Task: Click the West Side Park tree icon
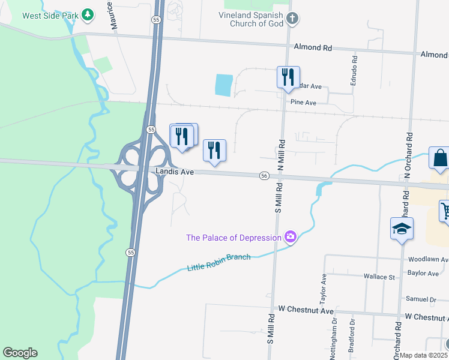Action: tap(88, 14)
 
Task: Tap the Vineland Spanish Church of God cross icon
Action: tap(292, 19)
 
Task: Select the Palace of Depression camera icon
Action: tap(291, 238)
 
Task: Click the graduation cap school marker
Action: tap(402, 229)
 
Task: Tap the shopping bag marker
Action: tap(440, 158)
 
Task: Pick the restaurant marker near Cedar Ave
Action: tap(288, 77)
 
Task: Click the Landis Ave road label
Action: tap(175, 172)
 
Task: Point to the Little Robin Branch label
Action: tap(218, 262)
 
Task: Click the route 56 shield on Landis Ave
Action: tap(264, 175)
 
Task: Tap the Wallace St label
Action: tap(379, 277)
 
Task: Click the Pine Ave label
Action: tap(303, 103)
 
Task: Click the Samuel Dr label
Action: tap(421, 299)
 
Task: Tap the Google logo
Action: tap(20, 353)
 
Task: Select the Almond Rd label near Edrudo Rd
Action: tap(313, 47)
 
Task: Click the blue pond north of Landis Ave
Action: tap(223, 85)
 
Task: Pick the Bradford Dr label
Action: tap(353, 340)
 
